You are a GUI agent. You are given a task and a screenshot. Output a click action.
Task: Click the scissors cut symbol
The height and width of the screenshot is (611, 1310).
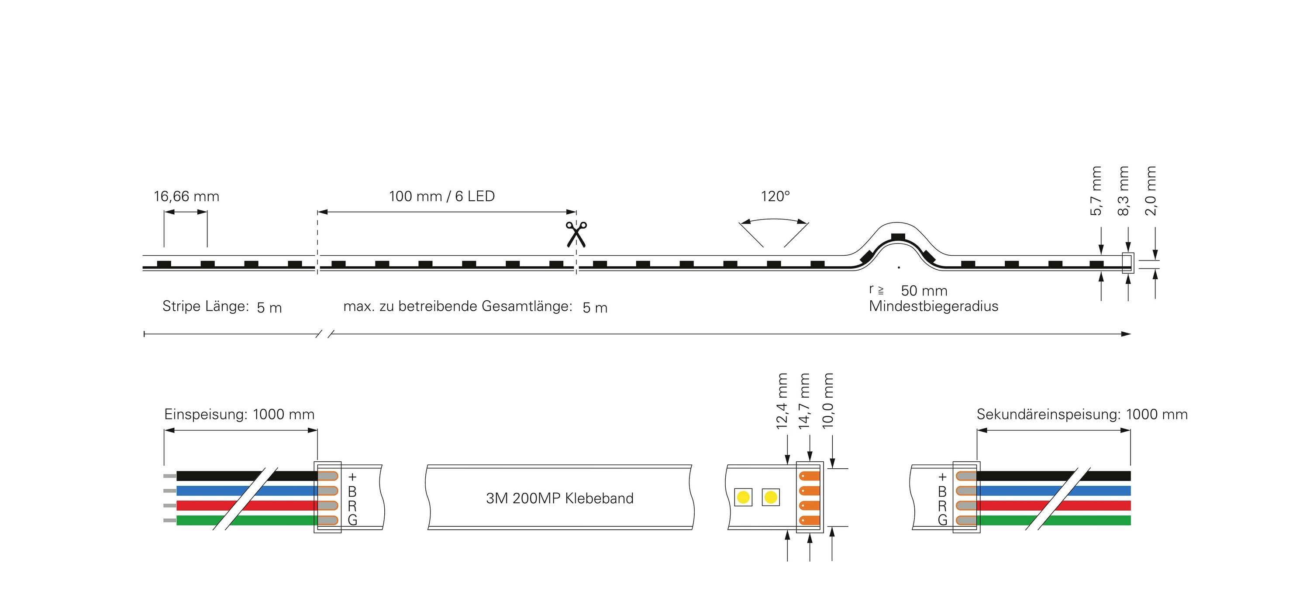pyautogui.click(x=576, y=234)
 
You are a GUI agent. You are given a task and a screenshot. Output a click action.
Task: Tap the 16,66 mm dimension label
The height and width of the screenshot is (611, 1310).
pyautogui.click(x=186, y=197)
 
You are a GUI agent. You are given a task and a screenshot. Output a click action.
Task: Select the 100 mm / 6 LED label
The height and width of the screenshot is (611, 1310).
pyautogui.click(x=442, y=196)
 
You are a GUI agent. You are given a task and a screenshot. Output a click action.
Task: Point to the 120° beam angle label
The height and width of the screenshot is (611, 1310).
pyautogui.click(x=775, y=196)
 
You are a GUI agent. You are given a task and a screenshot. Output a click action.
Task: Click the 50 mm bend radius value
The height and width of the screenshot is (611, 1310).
pyautogui.click(x=924, y=291)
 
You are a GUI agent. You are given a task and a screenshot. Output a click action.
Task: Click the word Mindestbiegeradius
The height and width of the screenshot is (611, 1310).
pyautogui.click(x=934, y=306)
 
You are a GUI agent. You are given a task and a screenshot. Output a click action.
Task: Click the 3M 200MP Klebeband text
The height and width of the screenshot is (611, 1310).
pyautogui.click(x=559, y=498)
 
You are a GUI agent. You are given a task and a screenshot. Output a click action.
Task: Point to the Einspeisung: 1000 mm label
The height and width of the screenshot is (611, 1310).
pyautogui.click(x=239, y=414)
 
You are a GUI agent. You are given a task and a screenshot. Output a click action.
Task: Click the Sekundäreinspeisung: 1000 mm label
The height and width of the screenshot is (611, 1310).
pyautogui.click(x=1082, y=414)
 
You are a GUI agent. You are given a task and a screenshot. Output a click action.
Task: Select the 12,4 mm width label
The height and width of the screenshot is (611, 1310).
pyautogui.click(x=782, y=401)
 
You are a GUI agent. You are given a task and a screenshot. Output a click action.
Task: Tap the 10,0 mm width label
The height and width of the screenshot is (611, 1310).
pyautogui.click(x=828, y=401)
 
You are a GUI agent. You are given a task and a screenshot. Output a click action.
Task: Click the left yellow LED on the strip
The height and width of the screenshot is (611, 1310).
pyautogui.click(x=744, y=497)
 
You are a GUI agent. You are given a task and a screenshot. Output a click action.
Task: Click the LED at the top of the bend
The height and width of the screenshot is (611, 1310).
pyautogui.click(x=899, y=237)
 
